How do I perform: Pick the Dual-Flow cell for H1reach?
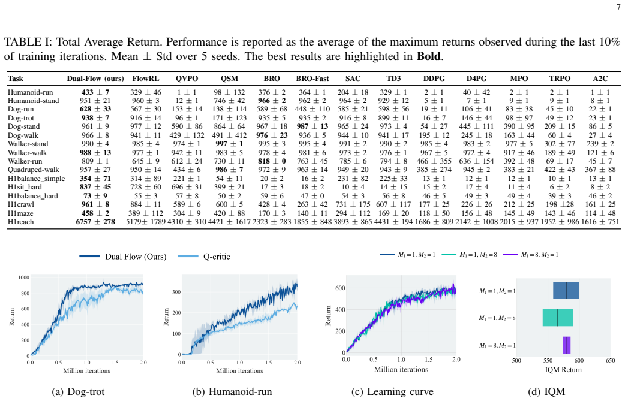95,222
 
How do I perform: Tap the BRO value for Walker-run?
272,161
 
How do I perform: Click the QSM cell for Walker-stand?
229,144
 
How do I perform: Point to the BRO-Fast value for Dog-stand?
312,126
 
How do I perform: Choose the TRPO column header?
560,79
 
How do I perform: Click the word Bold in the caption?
429,56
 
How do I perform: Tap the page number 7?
618,7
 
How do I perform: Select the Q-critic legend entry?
204,257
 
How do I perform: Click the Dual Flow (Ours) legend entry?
123,257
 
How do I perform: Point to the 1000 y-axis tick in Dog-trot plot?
24,278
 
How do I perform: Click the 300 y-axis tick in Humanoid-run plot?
176,292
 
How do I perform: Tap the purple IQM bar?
567,345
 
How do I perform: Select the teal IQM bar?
558,318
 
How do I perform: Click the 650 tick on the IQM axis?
610,360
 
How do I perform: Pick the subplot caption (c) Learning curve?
392,392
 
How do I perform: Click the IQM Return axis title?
563,370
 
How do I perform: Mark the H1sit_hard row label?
25,187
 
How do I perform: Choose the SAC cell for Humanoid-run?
353,92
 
